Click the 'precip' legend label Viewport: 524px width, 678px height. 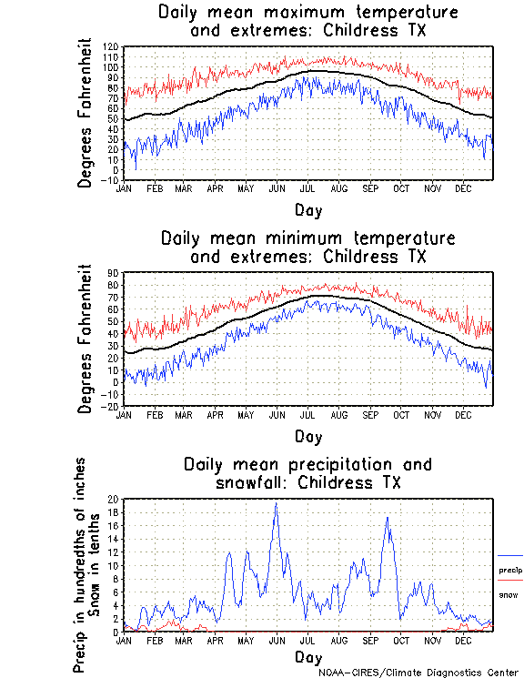(x=510, y=571)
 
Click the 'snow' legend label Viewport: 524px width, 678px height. (x=508, y=595)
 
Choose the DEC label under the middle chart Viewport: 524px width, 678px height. (x=462, y=415)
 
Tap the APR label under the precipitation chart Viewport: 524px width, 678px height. (x=215, y=641)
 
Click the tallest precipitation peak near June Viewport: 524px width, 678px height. (x=276, y=503)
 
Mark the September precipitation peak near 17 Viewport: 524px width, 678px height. (x=388, y=518)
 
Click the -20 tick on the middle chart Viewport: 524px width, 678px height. (x=113, y=407)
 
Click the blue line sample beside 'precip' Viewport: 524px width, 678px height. (x=510, y=555)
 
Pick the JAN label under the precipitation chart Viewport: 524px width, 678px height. (x=124, y=641)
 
